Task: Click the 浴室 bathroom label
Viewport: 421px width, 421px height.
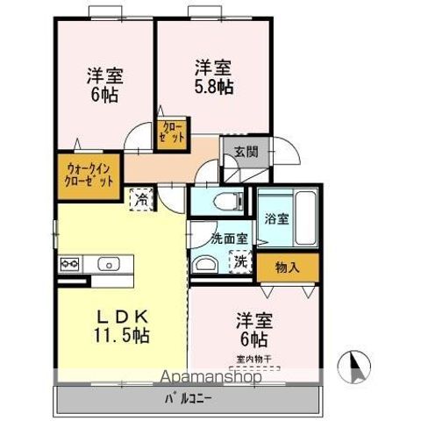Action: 277,218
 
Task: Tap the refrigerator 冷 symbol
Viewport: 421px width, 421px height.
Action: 140,198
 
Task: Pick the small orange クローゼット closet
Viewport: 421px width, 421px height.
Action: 172,133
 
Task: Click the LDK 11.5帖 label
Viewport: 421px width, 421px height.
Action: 121,325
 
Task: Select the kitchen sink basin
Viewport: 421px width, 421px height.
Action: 111,263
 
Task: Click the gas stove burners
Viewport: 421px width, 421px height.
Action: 70,263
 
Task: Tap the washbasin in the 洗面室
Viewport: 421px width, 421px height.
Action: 206,265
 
